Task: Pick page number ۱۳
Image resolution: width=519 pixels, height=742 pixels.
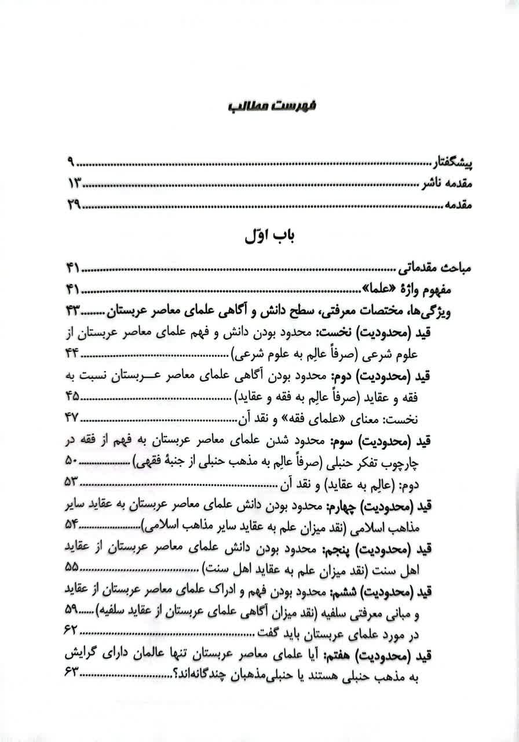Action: coord(75,184)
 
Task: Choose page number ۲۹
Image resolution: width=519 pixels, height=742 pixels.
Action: coord(75,205)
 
